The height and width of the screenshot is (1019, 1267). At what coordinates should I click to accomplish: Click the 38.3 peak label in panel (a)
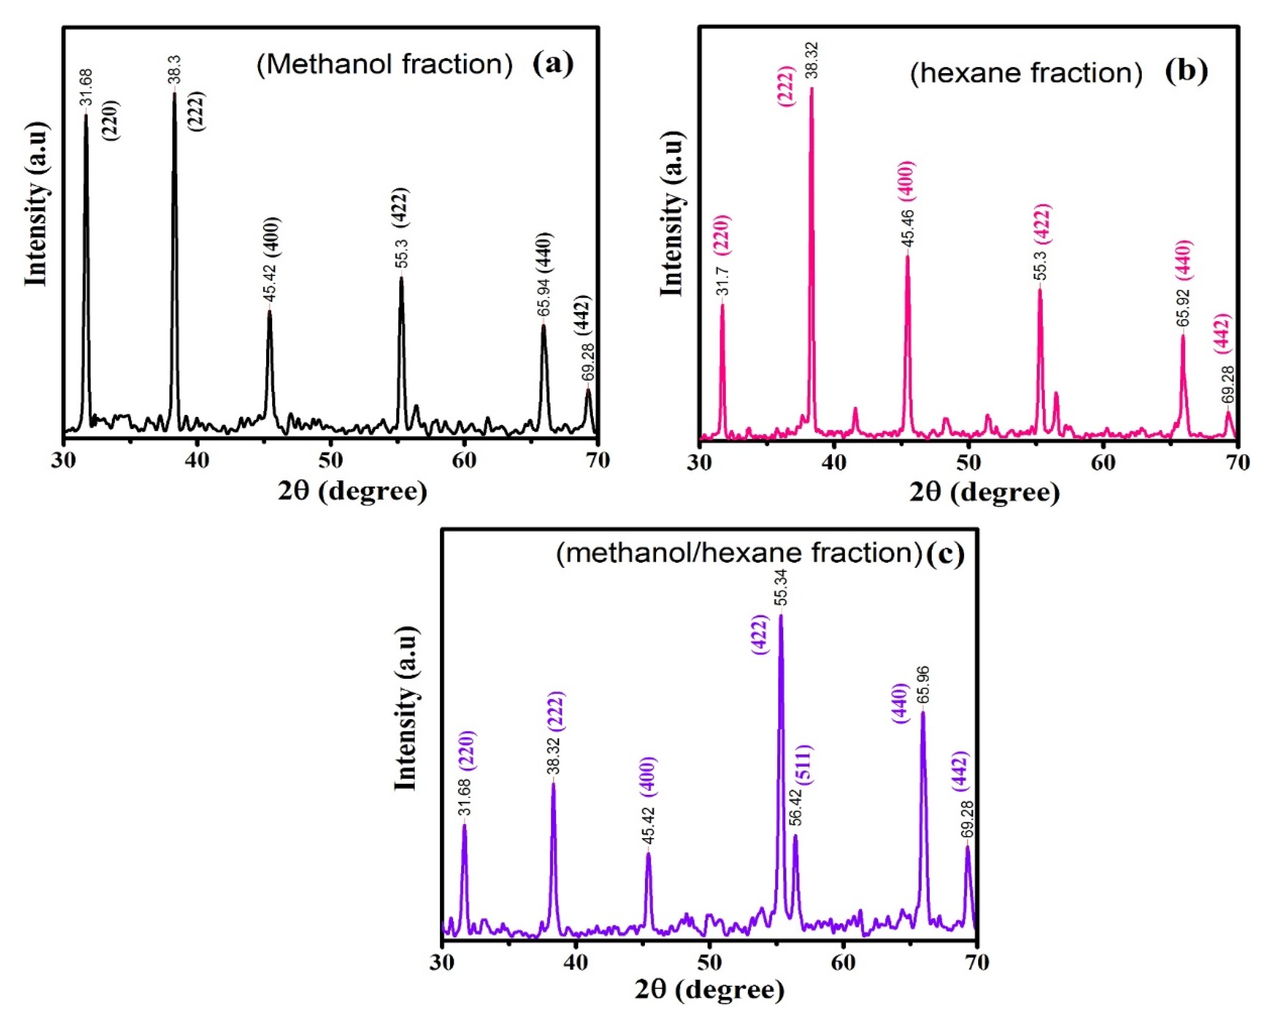(x=175, y=69)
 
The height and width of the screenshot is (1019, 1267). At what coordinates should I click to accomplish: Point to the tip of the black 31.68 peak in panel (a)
(x=87, y=114)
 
